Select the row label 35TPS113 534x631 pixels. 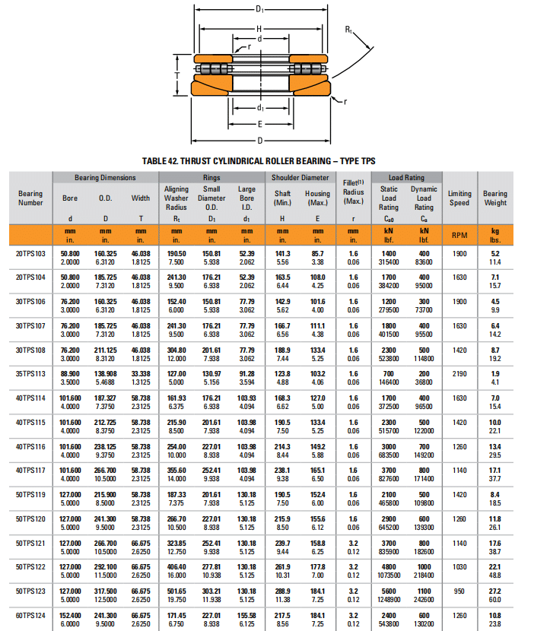[30, 374]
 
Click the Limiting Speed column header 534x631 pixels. [459, 198]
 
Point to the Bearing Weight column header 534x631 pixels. [494, 198]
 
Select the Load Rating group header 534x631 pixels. [406, 178]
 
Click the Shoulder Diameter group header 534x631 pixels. [300, 178]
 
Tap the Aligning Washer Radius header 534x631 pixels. [176, 198]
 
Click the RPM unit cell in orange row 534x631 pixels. [459, 235]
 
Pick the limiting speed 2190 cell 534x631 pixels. [459, 374]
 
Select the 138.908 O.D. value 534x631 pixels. [106, 374]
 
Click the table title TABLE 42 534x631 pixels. [259, 160]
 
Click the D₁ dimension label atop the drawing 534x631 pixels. [260, 9]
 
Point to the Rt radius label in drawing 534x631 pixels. [348, 30]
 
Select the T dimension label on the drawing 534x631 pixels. [176, 76]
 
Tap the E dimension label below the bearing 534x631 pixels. [260, 123]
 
